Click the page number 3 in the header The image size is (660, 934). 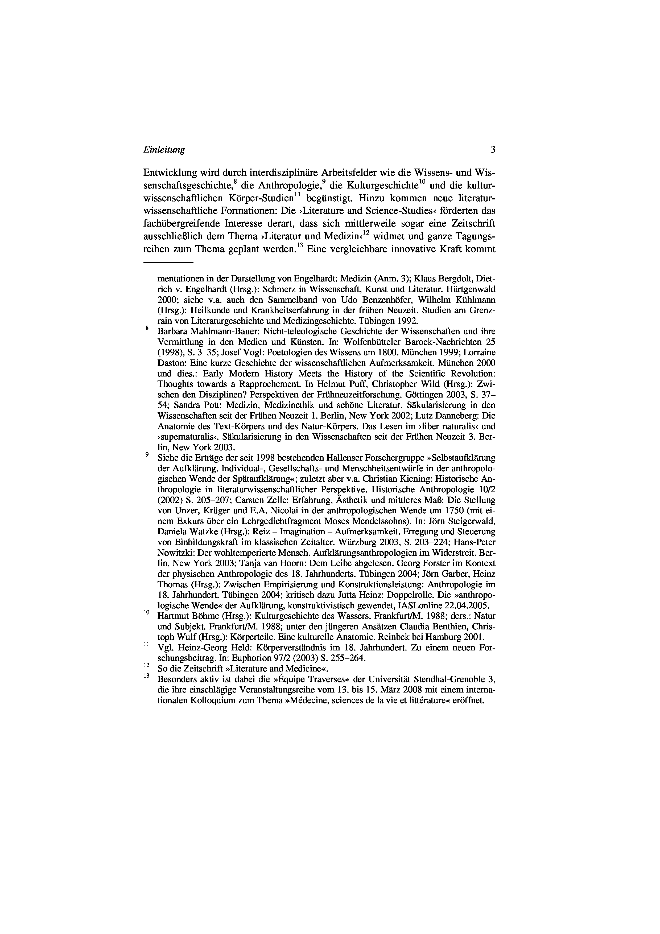click(x=493, y=150)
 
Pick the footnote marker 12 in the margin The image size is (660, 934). click(x=147, y=665)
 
